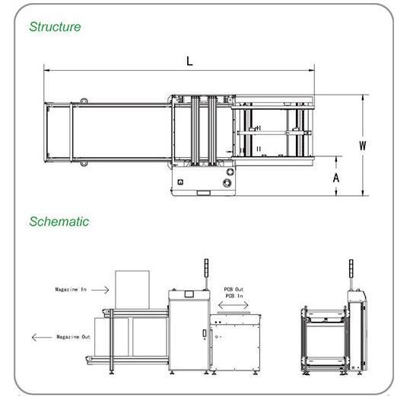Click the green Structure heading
click(x=55, y=27)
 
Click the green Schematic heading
click(x=59, y=222)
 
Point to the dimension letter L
click(x=189, y=61)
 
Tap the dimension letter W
click(x=362, y=146)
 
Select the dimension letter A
click(x=336, y=178)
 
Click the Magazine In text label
click(x=71, y=289)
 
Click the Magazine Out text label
click(x=73, y=337)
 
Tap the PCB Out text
click(x=234, y=289)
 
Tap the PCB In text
click(x=234, y=296)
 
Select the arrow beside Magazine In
click(x=100, y=290)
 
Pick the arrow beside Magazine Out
click(x=42, y=337)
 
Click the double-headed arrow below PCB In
click(x=234, y=305)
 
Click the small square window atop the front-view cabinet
click(x=189, y=294)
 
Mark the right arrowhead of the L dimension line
click(x=312, y=70)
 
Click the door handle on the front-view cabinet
click(x=205, y=333)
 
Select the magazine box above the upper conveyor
click(x=132, y=290)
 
